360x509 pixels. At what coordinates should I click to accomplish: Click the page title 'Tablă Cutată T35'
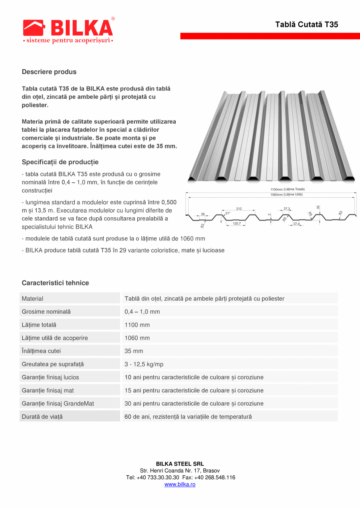306,24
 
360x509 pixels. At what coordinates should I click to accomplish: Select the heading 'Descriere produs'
49,72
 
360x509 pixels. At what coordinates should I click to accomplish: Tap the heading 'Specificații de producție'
60,162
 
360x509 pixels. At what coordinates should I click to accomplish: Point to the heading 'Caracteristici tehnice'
55,283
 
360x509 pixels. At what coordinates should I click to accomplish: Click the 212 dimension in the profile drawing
239,209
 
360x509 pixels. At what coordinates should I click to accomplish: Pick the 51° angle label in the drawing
228,213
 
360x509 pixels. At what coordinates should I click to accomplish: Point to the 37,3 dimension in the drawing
287,209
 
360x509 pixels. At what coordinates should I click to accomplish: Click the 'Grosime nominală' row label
46,312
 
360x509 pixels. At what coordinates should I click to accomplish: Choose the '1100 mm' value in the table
137,325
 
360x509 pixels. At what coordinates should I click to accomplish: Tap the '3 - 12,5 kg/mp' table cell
144,364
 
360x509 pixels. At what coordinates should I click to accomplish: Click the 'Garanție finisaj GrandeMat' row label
58,403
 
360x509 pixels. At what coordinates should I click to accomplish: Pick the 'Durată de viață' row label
42,417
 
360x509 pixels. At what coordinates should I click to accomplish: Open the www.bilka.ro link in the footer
180,484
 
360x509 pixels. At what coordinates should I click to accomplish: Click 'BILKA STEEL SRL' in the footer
180,464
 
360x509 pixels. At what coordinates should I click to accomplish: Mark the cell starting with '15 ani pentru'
194,390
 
